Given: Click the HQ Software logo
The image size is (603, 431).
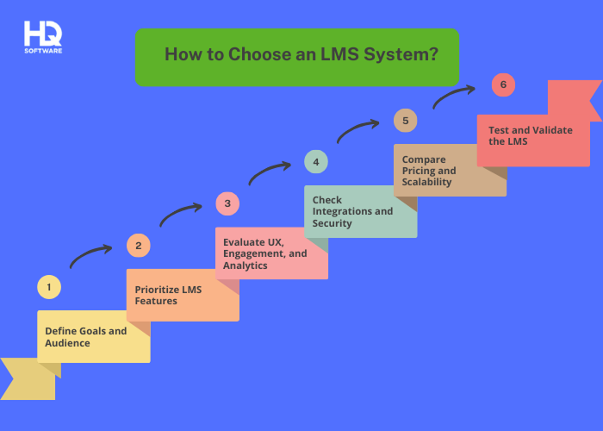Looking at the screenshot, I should coord(43,37).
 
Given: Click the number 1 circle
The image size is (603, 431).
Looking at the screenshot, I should coord(49,287).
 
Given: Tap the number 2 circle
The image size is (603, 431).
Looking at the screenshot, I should coord(138,246).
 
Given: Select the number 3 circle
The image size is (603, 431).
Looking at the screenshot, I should coord(227,204).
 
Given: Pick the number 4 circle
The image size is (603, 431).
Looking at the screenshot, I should coord(316,162).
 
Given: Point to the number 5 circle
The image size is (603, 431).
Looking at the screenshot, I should coord(405,121).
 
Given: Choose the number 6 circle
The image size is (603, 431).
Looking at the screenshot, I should coord(503,84).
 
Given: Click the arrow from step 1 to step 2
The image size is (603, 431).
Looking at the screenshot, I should coord(90,253).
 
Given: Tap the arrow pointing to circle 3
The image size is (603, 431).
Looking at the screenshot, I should coord(180,212).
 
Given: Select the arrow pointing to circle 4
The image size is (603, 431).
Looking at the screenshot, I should coord(269,171).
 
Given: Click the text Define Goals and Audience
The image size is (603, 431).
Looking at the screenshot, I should coord(85,337).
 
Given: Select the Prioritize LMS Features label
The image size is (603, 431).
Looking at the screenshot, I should coord(168,295).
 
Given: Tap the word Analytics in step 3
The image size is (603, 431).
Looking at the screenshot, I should coord(245,265).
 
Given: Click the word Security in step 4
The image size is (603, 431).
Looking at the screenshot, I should coord(333,223).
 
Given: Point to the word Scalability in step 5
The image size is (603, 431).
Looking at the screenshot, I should coord(426,182).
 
